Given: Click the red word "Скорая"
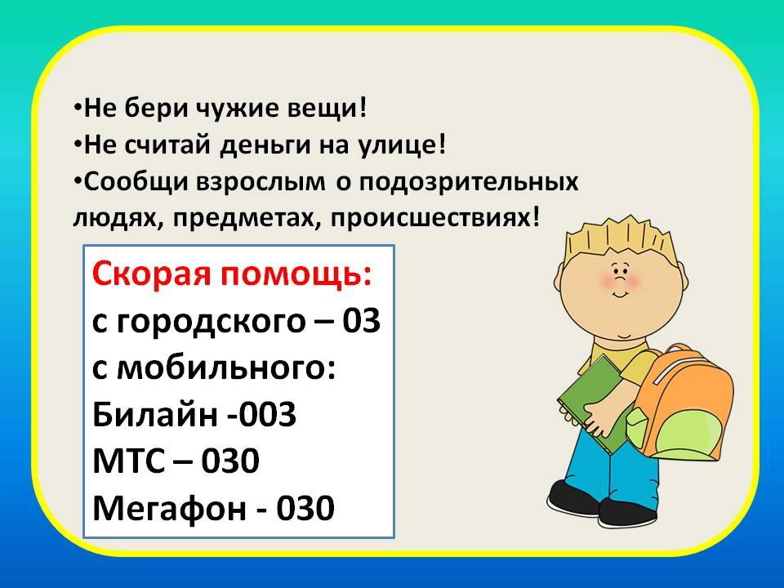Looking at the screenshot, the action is [151, 274].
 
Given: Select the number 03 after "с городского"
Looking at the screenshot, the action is [361, 321].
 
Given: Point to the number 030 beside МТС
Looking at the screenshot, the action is [230, 461].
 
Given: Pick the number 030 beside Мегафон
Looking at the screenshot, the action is [305, 508].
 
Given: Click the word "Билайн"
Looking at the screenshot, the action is [154, 415].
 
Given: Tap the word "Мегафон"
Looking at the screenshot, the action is [170, 509].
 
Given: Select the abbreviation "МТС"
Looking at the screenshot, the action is [128, 461].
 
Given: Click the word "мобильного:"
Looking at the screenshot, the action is [225, 368].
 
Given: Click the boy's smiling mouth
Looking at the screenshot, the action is [621, 293].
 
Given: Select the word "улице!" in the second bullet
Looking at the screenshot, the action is [402, 146].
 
